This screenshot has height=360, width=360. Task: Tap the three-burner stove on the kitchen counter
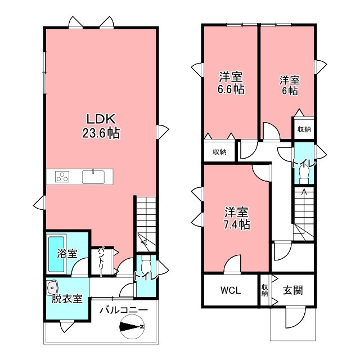[62, 177]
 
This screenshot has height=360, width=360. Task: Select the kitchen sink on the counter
[93, 177]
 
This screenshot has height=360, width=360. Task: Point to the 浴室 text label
[67, 254]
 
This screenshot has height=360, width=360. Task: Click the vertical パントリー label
[102, 262]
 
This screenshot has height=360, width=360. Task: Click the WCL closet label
[230, 291]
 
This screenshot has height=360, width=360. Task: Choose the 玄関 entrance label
[292, 291]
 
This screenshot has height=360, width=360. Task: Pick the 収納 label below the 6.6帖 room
[219, 152]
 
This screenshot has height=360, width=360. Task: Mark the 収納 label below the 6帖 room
[304, 129]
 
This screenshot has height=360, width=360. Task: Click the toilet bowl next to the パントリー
[146, 264]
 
